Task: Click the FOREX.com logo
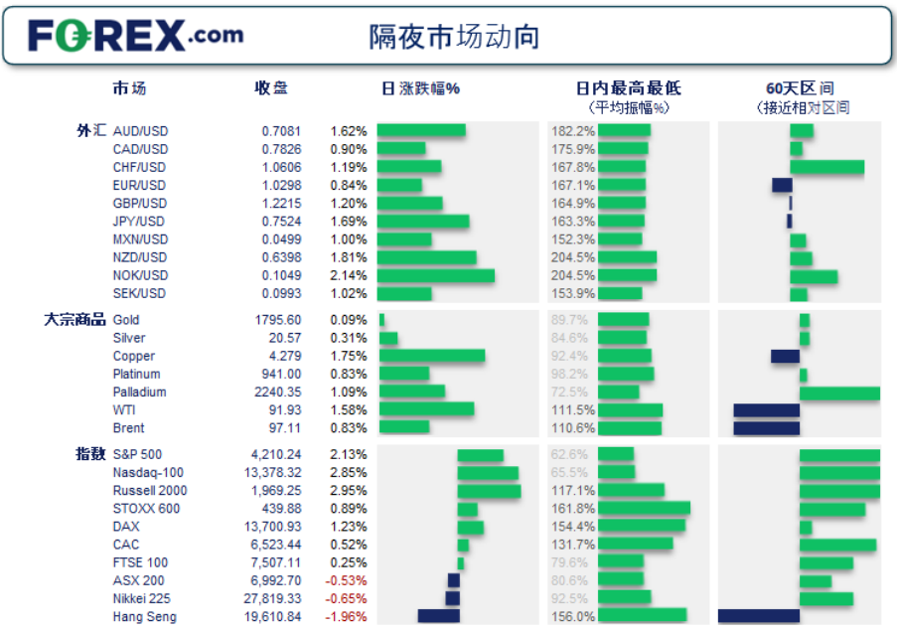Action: coord(135,36)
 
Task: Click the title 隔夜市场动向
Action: coord(454,37)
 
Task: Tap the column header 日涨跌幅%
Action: coord(420,88)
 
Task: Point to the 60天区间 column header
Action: coord(800,88)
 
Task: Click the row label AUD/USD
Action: coord(140,131)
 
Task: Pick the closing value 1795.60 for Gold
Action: coord(278,320)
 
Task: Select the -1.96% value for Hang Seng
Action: coord(349,616)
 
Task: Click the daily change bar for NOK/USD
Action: coord(436,275)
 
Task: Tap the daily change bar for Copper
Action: coord(432,356)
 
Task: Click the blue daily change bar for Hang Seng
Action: coord(438,616)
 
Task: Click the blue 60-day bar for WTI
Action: coord(766,410)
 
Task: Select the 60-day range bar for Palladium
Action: coord(839,393)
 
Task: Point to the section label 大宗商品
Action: coord(75,320)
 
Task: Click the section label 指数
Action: coord(90,454)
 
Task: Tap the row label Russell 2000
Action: coord(150,491)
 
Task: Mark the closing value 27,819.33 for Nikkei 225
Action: coord(271,598)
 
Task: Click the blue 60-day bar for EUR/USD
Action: coord(782,185)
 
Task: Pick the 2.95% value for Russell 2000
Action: coord(349,491)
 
